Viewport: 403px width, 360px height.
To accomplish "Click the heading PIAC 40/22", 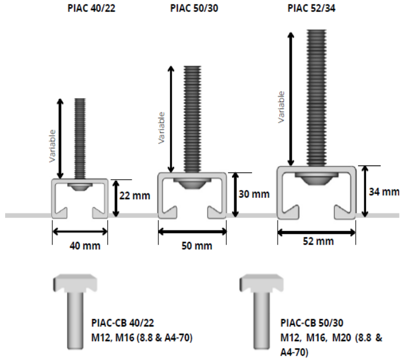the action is pyautogui.click(x=91, y=8).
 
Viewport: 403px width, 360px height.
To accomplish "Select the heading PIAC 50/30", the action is pyautogui.click(x=194, y=8).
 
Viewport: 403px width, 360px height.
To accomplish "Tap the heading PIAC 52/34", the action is pyautogui.click(x=311, y=8).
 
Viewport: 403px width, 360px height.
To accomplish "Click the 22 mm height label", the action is pyautogui.click(x=135, y=196).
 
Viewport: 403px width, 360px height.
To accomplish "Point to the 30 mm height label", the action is pyautogui.click(x=254, y=194).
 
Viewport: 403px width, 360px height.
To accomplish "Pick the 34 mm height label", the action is pyautogui.click(x=384, y=192).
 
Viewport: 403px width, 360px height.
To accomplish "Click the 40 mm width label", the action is pyautogui.click(x=85, y=246).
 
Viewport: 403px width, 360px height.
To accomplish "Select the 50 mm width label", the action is pyautogui.click(x=197, y=246).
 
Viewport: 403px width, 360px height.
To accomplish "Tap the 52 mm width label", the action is pyautogui.click(x=319, y=241).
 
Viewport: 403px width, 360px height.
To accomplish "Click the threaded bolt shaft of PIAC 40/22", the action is pyautogui.click(x=80, y=139).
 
